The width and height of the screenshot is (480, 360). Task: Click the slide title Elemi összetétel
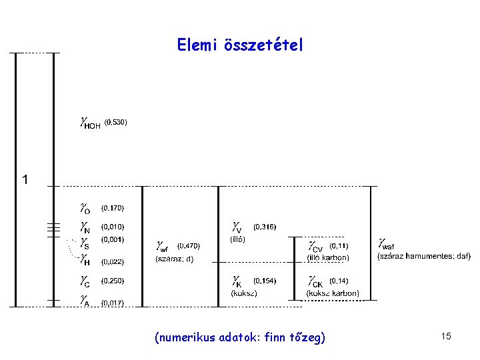point(240,45)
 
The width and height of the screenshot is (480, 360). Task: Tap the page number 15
point(446,337)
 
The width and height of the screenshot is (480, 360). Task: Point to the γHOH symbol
point(89,123)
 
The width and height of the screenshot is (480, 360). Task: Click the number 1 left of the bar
point(25,180)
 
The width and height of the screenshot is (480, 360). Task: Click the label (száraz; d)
point(174,259)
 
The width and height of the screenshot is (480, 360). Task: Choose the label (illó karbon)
point(327,258)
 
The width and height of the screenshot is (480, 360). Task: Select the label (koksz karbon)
point(332,293)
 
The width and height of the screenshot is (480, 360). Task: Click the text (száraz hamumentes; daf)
point(424,255)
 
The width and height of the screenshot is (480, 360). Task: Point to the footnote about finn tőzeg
point(240,338)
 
